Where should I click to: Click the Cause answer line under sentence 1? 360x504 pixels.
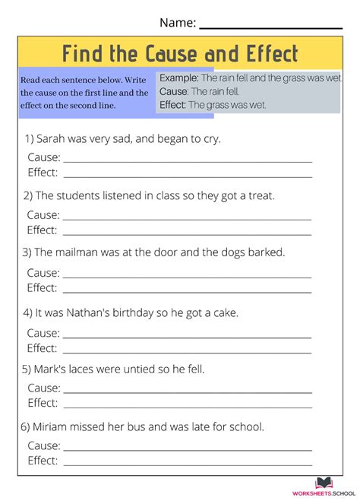click(x=187, y=160)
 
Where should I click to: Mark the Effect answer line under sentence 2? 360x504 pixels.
click(x=187, y=233)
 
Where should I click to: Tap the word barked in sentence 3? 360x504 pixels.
click(x=266, y=252)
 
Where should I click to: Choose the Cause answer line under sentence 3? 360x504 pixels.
click(x=187, y=275)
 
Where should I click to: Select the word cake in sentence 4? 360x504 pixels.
click(x=225, y=312)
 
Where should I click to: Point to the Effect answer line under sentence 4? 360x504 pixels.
click(x=187, y=351)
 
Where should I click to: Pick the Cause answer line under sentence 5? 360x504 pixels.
click(x=187, y=391)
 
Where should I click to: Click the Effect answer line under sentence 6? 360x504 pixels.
click(x=187, y=463)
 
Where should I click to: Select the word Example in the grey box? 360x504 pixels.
click(x=179, y=78)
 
